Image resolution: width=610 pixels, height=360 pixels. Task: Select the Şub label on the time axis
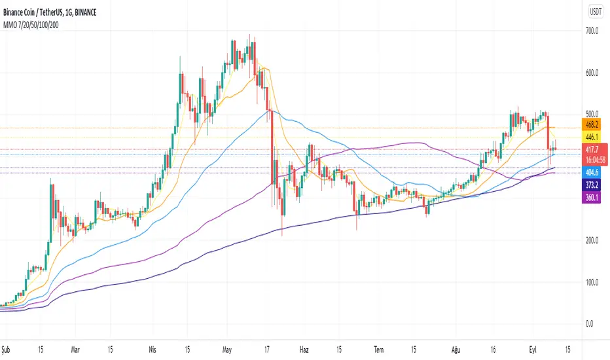[x=7, y=349]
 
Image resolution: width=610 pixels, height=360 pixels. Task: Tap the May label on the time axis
[x=228, y=349]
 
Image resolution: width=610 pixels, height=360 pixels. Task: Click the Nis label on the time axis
[x=154, y=349]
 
